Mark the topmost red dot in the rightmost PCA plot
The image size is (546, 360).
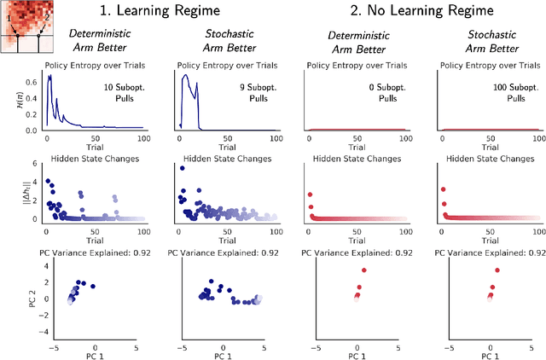point(497,270)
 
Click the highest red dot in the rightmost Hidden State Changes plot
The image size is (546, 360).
point(442,189)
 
